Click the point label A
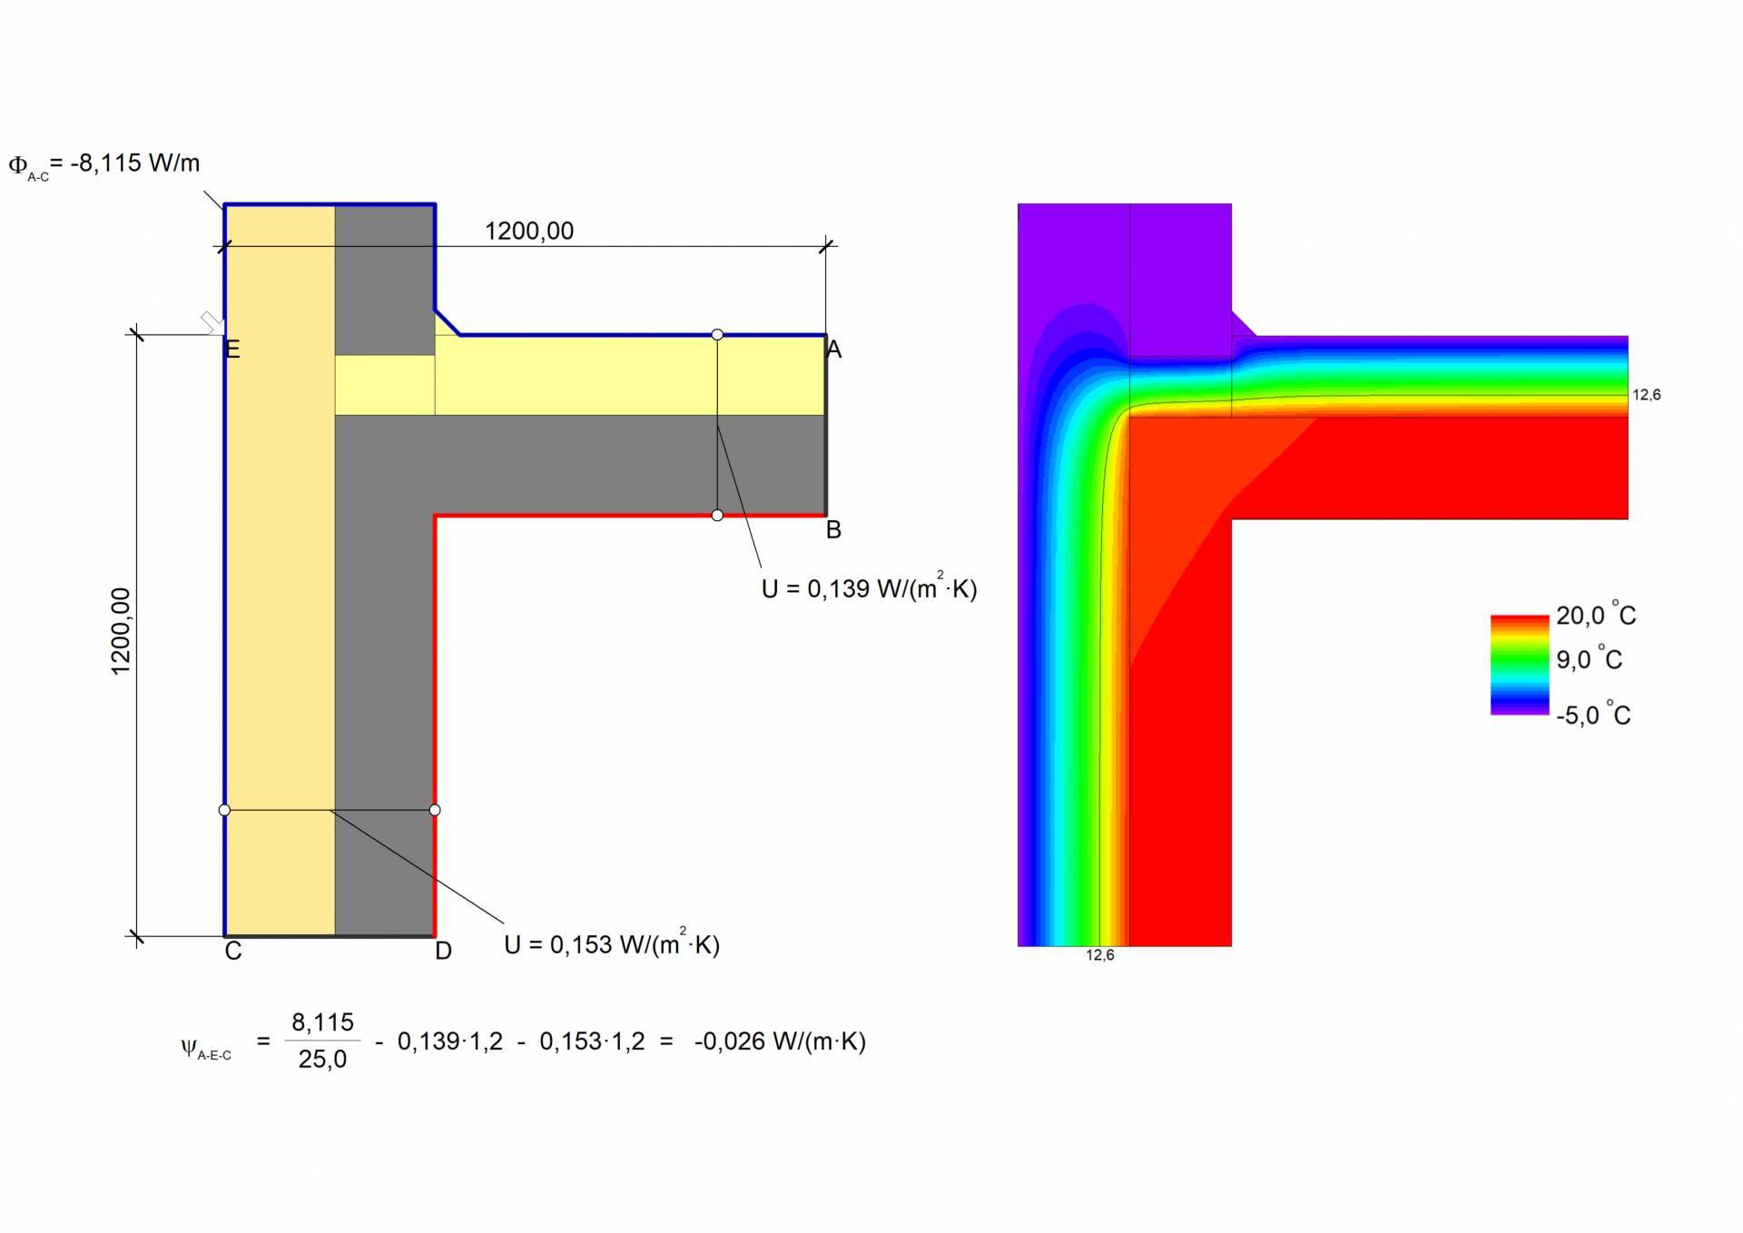click(x=834, y=350)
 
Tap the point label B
click(x=833, y=529)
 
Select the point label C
click(x=233, y=951)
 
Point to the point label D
click(x=443, y=951)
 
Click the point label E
click(x=232, y=350)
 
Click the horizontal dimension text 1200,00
click(x=529, y=231)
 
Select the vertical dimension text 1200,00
click(x=121, y=631)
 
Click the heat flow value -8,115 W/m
click(x=135, y=163)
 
